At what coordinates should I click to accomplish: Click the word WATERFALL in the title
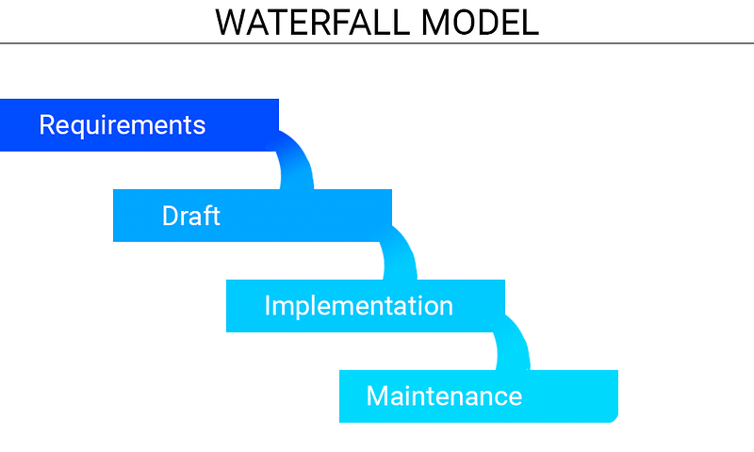(312, 23)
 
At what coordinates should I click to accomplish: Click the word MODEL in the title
(480, 23)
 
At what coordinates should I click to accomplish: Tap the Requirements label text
(123, 126)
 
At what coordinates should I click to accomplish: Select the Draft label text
(191, 216)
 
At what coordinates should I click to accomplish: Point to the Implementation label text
(359, 306)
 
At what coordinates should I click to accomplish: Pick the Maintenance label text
(444, 396)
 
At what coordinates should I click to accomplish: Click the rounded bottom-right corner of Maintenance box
(614, 418)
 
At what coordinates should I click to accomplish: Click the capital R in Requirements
(47, 125)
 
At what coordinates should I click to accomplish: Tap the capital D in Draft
(171, 216)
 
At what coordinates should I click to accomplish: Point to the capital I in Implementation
(268, 305)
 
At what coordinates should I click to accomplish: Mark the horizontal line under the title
(377, 43)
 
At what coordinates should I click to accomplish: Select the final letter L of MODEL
(530, 23)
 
